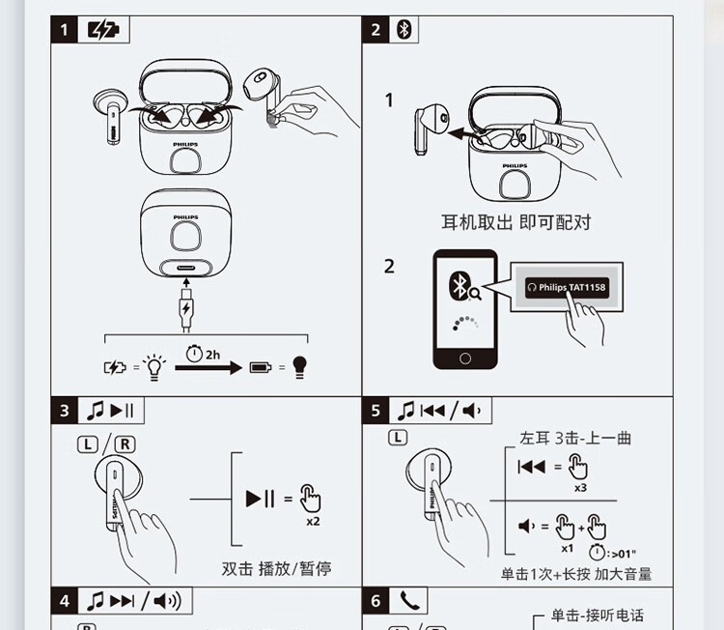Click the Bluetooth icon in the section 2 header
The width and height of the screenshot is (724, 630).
tap(404, 30)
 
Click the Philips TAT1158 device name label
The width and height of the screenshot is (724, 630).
tap(568, 288)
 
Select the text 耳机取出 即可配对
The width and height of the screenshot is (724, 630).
tap(515, 222)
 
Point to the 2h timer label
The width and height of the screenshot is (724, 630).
tap(205, 354)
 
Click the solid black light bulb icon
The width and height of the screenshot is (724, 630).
tap(299, 367)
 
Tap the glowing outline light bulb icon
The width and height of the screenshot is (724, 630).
tap(153, 366)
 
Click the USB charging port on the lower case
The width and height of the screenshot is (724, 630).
tap(186, 270)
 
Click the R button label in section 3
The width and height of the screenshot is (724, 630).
tap(125, 445)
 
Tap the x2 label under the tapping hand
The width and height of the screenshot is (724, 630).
tap(313, 522)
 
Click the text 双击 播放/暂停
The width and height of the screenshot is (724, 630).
tap(276, 568)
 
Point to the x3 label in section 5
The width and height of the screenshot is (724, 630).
tap(580, 488)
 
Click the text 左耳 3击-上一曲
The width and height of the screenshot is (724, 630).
tap(575, 438)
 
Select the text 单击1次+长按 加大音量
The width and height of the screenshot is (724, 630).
tap(576, 573)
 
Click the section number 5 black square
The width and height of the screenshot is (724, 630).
tap(376, 411)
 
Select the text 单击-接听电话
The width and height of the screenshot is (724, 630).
tap(597, 616)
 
